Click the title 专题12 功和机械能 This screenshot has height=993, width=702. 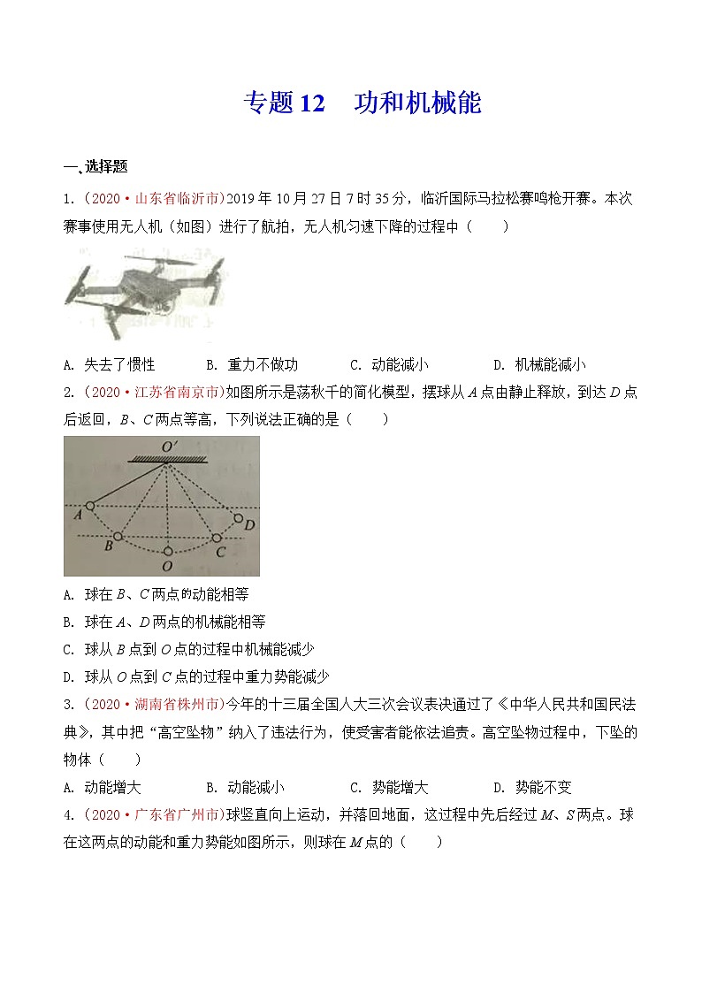coord(362,103)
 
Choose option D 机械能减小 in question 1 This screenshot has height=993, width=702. coord(539,364)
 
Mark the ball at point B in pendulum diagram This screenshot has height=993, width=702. coord(117,537)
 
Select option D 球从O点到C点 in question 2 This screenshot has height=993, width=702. coord(196,676)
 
